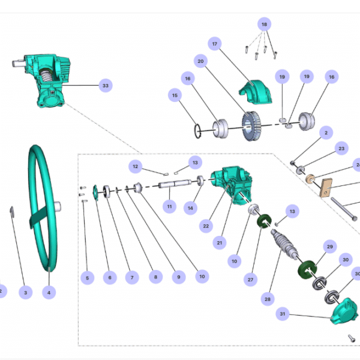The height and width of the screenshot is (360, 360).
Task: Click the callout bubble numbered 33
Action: [x=106, y=86]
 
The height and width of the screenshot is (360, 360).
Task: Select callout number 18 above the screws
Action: [x=264, y=24]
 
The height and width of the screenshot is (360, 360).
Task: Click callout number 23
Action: [x=341, y=148]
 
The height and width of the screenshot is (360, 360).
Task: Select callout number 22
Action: [x=206, y=226]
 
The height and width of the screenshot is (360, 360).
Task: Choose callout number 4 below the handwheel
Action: [x=49, y=293]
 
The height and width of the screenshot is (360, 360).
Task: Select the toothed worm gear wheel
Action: [x=252, y=127]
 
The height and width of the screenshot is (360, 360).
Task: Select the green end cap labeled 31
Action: [x=341, y=312]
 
